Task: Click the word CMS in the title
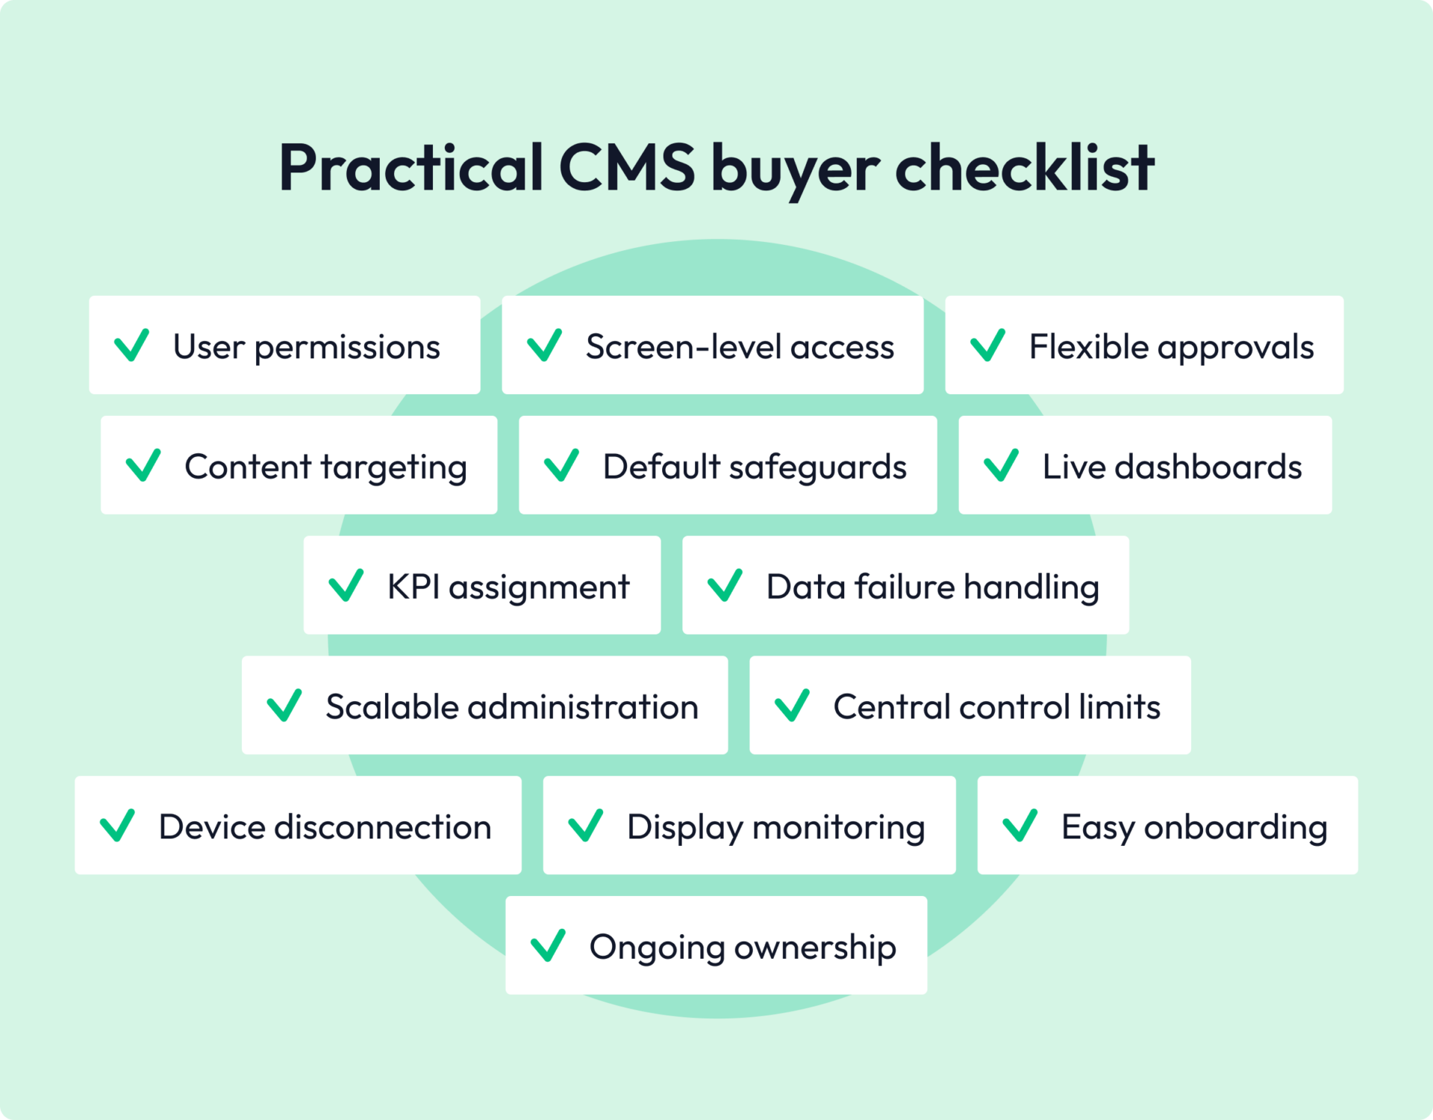pyautogui.click(x=626, y=167)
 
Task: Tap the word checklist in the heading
pyautogui.click(x=1024, y=167)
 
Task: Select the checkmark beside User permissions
pyautogui.click(x=131, y=346)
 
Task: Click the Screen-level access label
pyautogui.click(x=740, y=347)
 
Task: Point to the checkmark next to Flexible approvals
pyautogui.click(x=987, y=346)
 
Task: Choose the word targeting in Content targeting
pyautogui.click(x=393, y=468)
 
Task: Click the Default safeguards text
pyautogui.click(x=754, y=467)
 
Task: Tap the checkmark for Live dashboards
pyautogui.click(x=1001, y=465)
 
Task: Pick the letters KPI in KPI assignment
pyautogui.click(x=413, y=587)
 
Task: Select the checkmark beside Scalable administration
pyautogui.click(x=284, y=706)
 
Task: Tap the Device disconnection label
pyautogui.click(x=325, y=827)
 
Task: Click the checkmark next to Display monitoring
pyautogui.click(x=586, y=825)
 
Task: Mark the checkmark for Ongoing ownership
pyautogui.click(x=548, y=945)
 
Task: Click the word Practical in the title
pyautogui.click(x=410, y=167)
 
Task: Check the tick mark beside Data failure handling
pyautogui.click(x=725, y=585)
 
